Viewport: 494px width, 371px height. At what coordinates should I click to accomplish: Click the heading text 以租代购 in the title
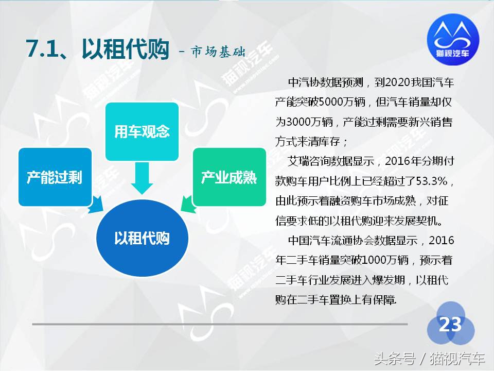[x=126, y=49]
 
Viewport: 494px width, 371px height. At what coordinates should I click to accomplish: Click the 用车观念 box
[x=142, y=131]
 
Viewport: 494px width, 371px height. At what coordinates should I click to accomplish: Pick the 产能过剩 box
[x=55, y=177]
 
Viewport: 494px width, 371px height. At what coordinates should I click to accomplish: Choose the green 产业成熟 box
[x=228, y=177]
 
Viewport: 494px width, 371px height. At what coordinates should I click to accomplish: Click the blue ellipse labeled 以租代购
[x=142, y=239]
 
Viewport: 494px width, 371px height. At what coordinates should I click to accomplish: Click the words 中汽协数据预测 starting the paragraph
[x=325, y=82]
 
